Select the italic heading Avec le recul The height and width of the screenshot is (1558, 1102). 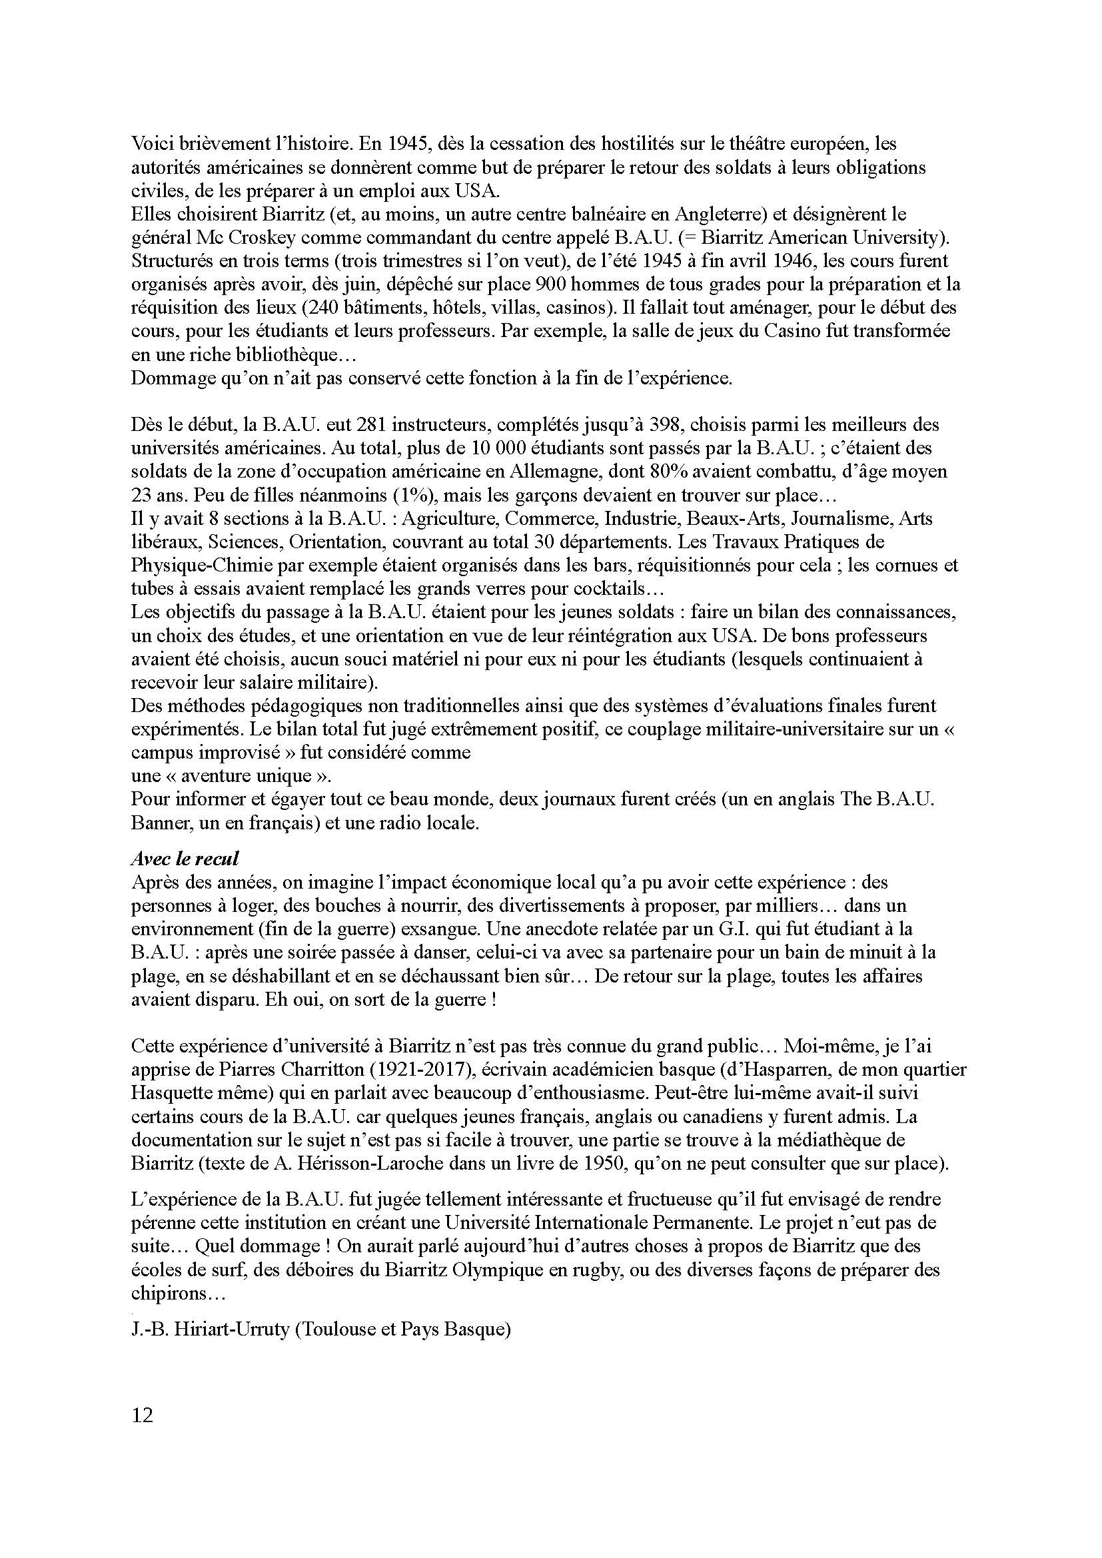(185, 859)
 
